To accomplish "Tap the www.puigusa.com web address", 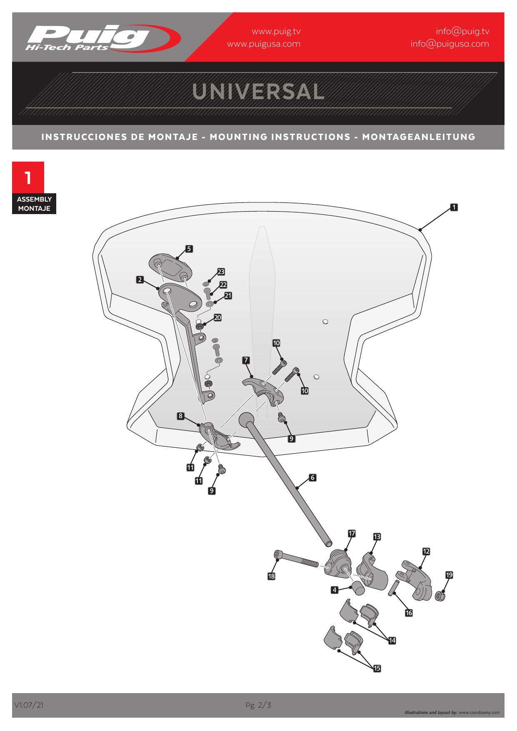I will point(263,44).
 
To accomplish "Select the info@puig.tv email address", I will point(462,31).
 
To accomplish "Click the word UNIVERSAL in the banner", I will point(258,92).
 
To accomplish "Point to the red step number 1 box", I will point(28,178).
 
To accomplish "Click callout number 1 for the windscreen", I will point(454,207).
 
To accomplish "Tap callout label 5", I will point(189,249).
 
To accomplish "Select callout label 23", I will point(221,272).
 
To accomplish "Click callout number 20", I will point(217,317).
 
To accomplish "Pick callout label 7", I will point(246,360).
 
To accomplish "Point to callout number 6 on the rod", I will point(312,477).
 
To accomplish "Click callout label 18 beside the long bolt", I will point(271,576).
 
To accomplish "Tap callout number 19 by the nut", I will point(449,575).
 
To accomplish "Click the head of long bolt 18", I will point(278,555).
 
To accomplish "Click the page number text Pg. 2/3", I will point(258,705).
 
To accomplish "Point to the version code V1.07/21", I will point(28,705).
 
